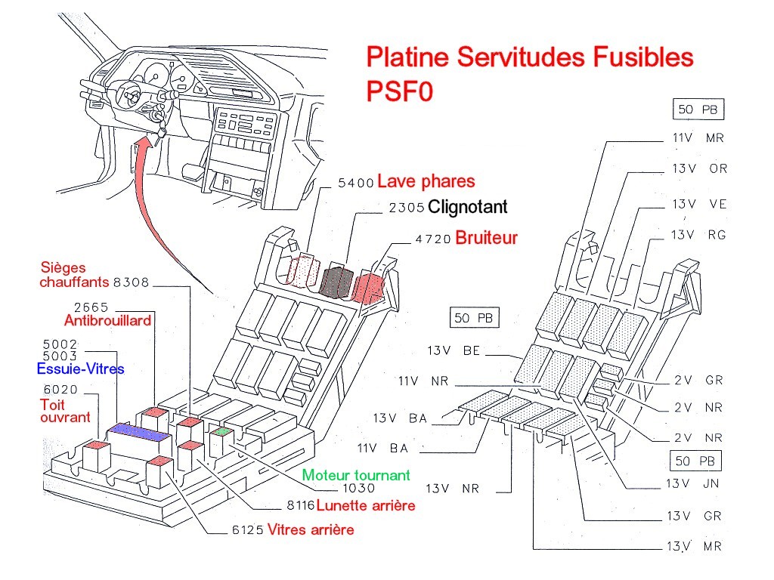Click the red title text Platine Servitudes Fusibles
tap(529, 57)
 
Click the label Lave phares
tap(426, 181)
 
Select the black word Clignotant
tap(467, 207)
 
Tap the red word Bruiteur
tap(487, 238)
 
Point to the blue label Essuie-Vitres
tap(80, 369)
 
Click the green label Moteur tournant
tap(356, 475)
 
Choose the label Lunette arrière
tap(366, 505)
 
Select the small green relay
tap(221, 433)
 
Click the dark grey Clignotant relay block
tap(335, 280)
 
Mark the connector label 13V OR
tap(699, 168)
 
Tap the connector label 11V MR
tap(698, 138)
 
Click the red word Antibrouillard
tap(107, 320)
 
